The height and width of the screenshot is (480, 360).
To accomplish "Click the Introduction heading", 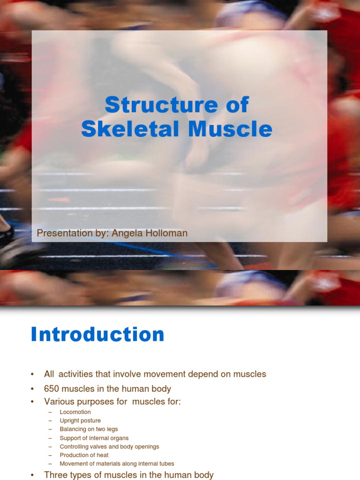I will pos(97,335).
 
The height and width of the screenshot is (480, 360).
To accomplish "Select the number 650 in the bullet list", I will pos(52,389).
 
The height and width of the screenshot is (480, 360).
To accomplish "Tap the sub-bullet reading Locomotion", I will pos(75,412).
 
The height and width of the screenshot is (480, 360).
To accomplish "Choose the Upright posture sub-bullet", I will pos(80,420).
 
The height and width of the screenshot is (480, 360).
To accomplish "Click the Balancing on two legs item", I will pos(89,429).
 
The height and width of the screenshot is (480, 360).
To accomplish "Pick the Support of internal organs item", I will pos(94,438).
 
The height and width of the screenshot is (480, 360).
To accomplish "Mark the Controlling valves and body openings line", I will pos(109,446).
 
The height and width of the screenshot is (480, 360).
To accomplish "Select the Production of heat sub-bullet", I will pos(84,455).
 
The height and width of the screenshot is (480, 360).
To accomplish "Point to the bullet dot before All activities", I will pos(32,375).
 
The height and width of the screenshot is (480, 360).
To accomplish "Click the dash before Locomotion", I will pos(50,412).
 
